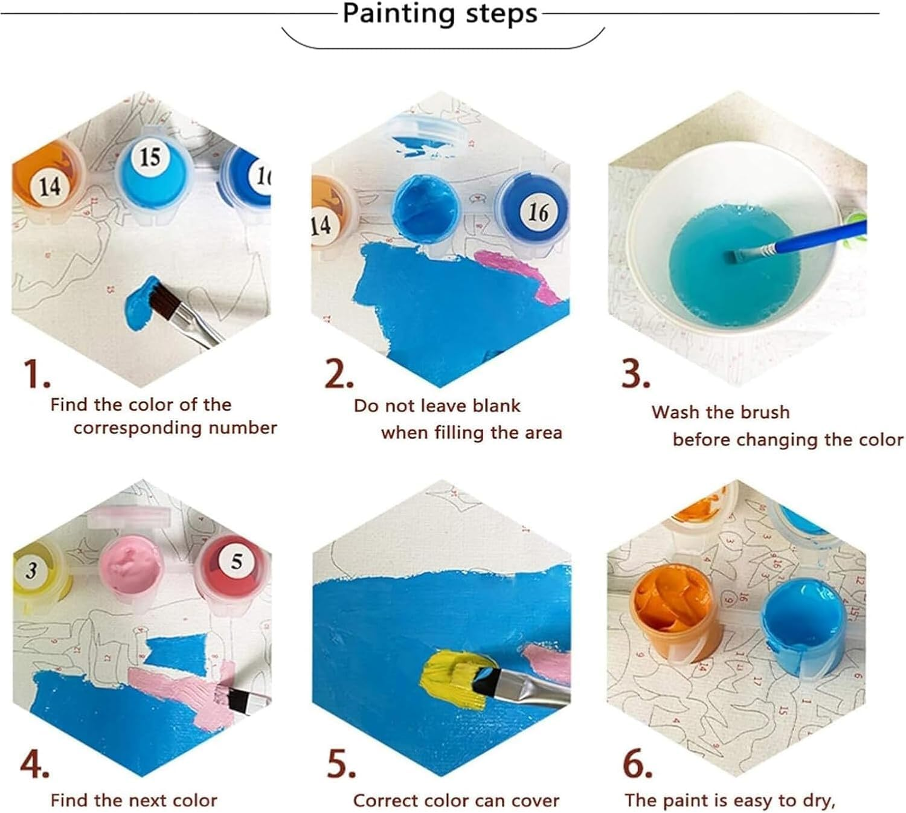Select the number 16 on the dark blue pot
538,212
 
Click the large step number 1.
37,374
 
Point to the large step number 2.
339,374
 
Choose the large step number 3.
635,374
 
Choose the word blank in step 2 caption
496,406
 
